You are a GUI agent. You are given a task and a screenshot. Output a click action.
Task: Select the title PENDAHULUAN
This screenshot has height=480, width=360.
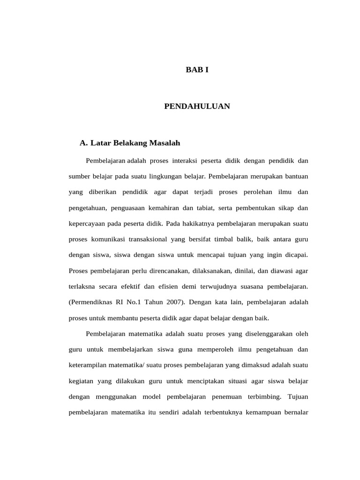point(197,106)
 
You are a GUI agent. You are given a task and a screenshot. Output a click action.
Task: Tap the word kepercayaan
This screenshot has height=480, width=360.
point(87,224)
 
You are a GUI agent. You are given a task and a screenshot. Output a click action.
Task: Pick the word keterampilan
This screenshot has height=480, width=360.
point(90,365)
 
